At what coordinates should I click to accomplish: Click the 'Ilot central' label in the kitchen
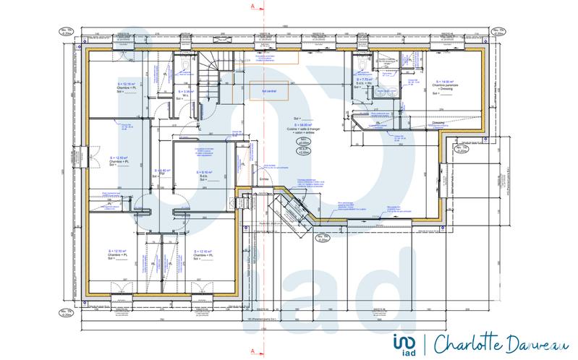pyautogui.click(x=258, y=92)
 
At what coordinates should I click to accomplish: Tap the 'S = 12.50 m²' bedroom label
pyautogui.click(x=120, y=157)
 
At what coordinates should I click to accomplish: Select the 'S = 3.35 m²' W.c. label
pyautogui.click(x=187, y=92)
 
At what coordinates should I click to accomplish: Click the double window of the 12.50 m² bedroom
pyautogui.click(x=85, y=156)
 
